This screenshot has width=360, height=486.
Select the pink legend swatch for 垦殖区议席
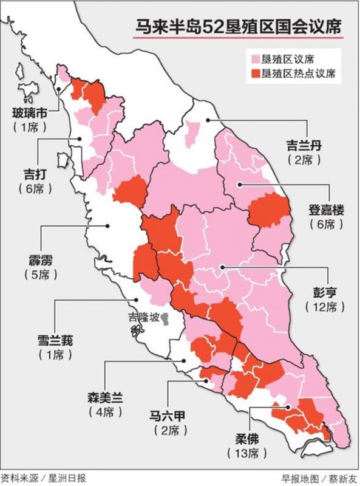click(x=255, y=59)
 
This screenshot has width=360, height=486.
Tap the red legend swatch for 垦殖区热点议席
click(x=255, y=74)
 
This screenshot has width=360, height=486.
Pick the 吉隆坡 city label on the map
click(x=142, y=317)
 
